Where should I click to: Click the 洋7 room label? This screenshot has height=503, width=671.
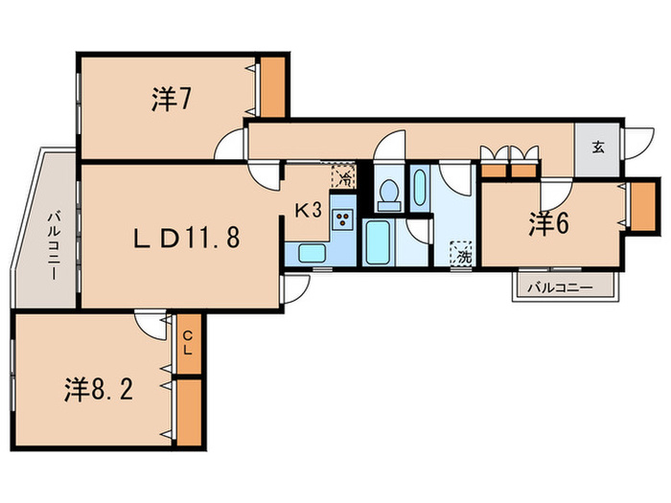click(173, 100)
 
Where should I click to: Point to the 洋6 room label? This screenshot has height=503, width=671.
click(550, 224)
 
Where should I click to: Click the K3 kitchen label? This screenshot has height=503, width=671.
click(308, 211)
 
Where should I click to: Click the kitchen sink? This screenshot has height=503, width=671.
click(313, 254)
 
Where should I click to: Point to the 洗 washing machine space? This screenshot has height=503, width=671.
click(463, 255)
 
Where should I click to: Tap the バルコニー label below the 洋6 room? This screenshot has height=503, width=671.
click(557, 286)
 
